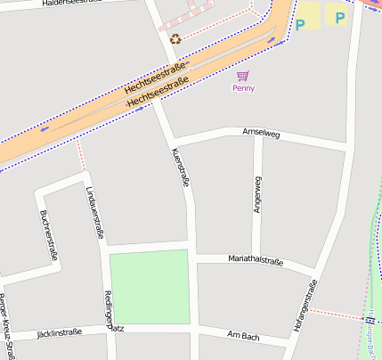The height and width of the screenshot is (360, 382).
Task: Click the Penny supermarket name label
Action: click(x=243, y=88)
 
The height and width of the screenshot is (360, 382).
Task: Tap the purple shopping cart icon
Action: click(x=243, y=77)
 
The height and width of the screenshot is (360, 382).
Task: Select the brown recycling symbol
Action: click(x=175, y=38)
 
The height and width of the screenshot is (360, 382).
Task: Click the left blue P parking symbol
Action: click(x=300, y=23)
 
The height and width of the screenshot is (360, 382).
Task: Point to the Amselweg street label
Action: click(x=261, y=134)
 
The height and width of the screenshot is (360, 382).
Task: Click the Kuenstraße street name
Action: click(x=179, y=167)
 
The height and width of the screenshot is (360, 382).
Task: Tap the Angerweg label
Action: click(x=257, y=194)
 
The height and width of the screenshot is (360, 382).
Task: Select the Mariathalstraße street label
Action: click(x=256, y=262)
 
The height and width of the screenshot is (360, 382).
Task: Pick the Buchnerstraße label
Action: click(x=49, y=235)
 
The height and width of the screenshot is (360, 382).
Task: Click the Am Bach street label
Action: click(x=243, y=335)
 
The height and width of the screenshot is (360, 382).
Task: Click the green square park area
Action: click(x=149, y=286)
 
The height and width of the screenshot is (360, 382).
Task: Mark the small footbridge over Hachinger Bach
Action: click(x=369, y=318)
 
